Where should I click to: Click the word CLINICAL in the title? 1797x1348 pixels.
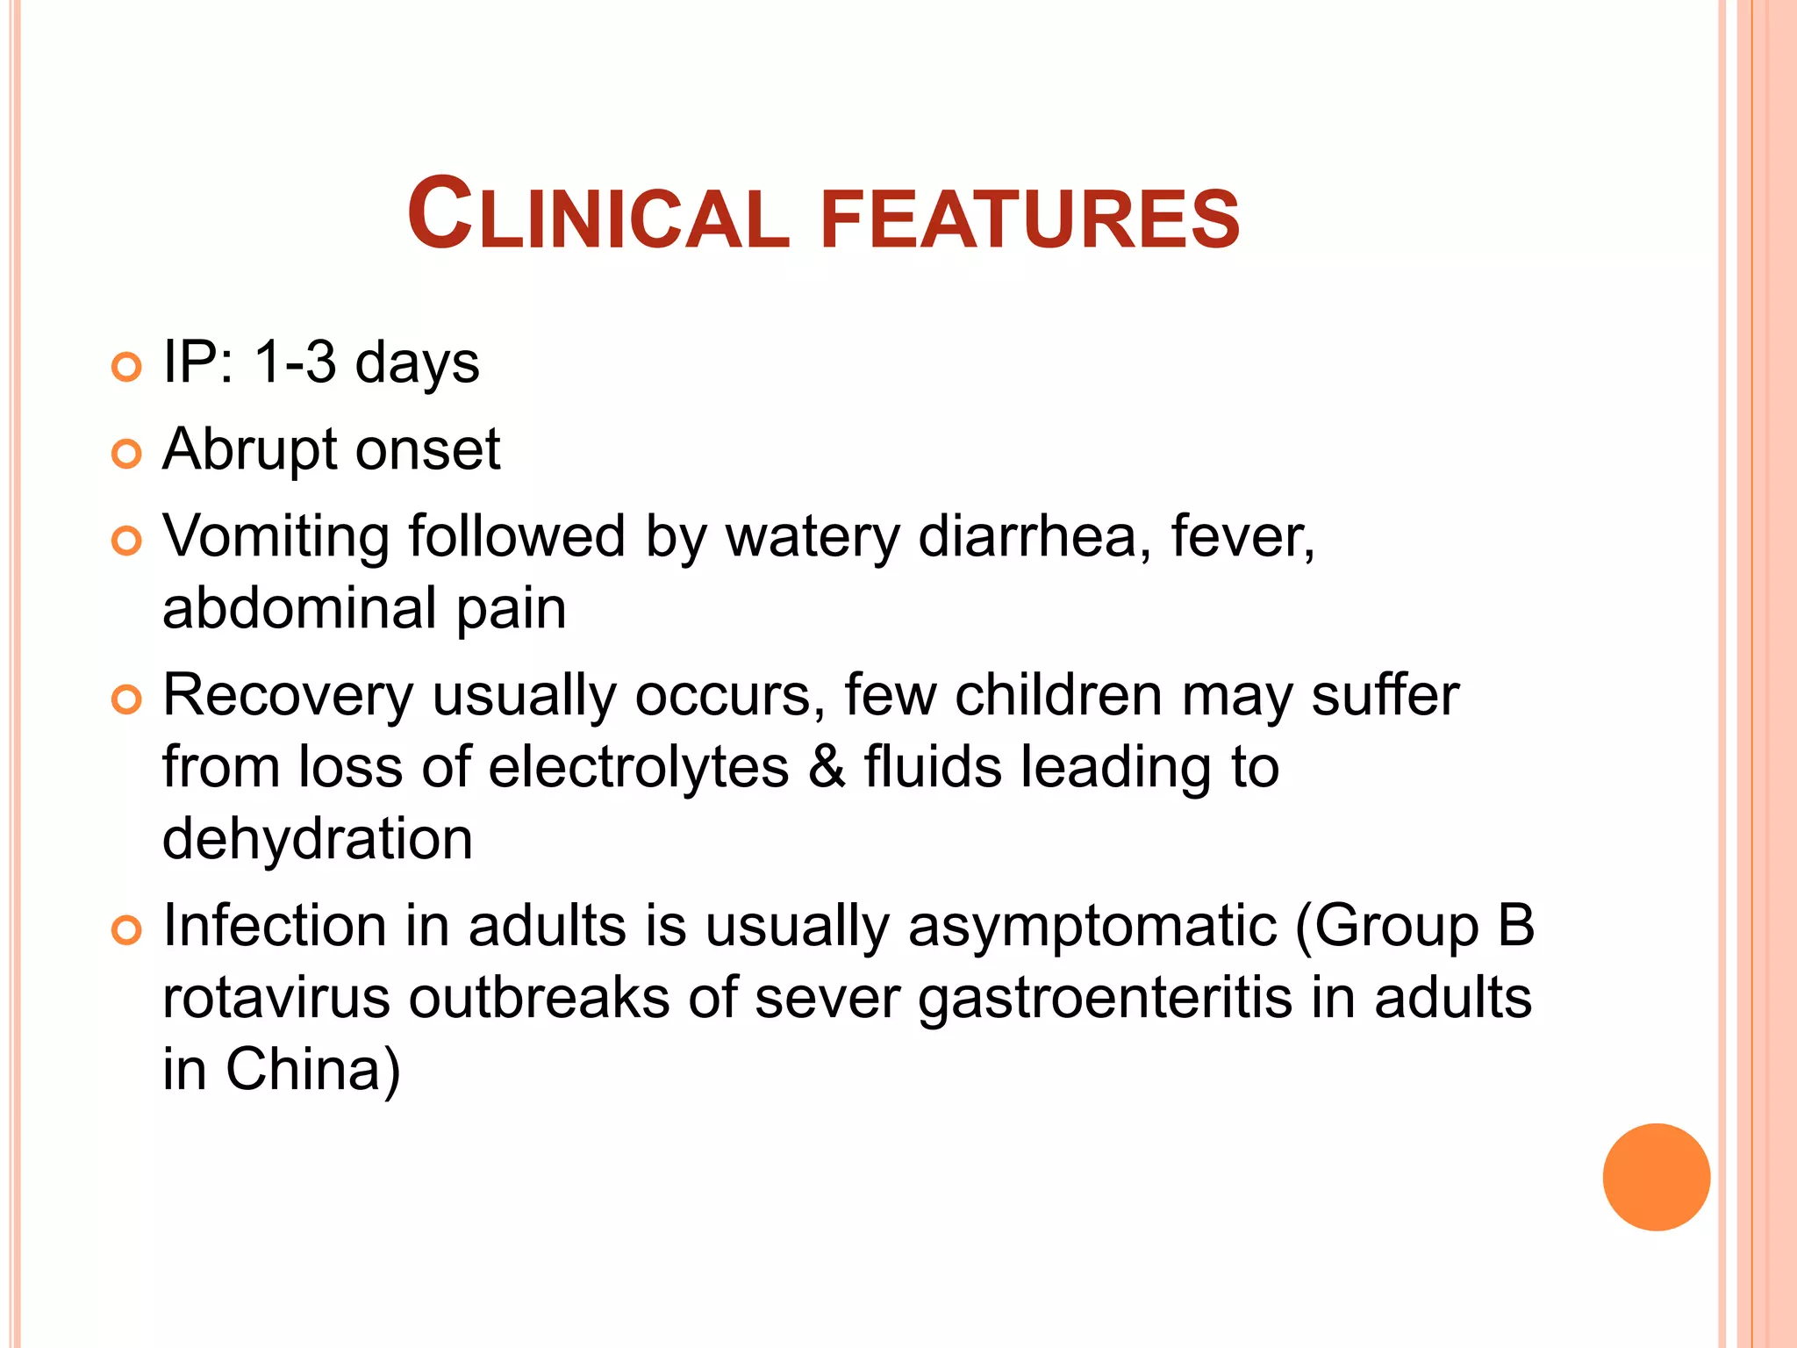tap(598, 216)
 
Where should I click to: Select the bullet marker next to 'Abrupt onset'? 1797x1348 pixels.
tap(127, 454)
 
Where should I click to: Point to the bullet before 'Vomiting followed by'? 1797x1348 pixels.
tap(127, 541)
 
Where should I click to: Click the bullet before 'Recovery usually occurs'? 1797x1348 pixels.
tap(127, 699)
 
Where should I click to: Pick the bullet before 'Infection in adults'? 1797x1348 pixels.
tap(127, 930)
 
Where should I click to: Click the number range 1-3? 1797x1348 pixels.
tap(294, 362)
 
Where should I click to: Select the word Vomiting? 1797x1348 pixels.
tap(276, 538)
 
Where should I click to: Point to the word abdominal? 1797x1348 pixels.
tap(299, 608)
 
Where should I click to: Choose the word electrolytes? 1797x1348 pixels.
tap(639, 768)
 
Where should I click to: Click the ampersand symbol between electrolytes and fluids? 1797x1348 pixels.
tap(827, 766)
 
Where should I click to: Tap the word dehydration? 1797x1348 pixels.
tap(318, 839)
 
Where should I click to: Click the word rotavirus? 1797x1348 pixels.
tap(276, 999)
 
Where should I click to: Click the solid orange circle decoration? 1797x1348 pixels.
tap(1656, 1177)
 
